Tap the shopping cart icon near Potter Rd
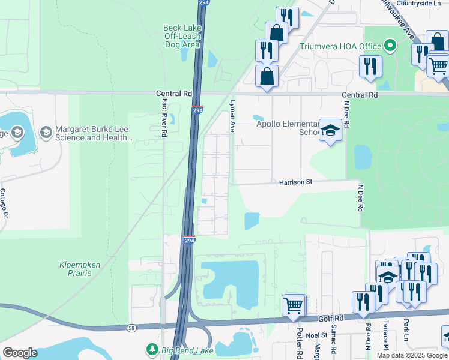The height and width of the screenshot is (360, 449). pyautogui.click(x=293, y=305)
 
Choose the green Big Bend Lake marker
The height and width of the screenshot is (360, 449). pyautogui.click(x=152, y=349)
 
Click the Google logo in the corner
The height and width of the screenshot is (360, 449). pyautogui.click(x=20, y=353)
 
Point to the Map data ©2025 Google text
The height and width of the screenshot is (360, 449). pyautogui.click(x=412, y=355)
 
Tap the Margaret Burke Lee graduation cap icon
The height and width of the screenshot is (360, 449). pyautogui.click(x=46, y=131)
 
